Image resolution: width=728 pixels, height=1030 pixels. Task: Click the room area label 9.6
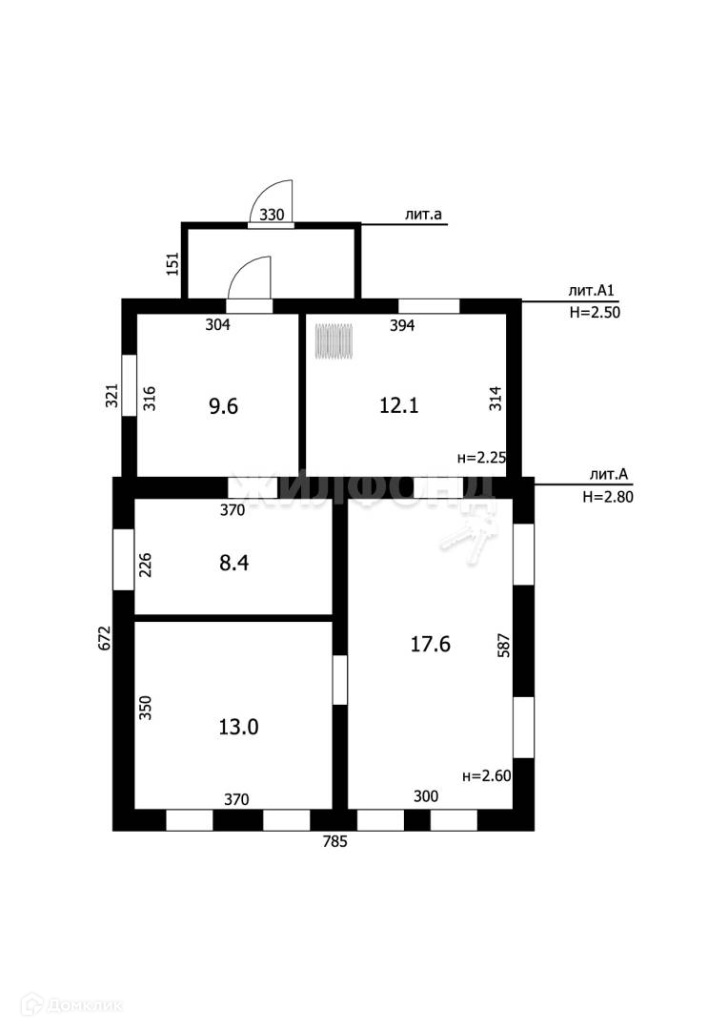pos(223,406)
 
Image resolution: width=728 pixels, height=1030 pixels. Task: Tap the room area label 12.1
pos(398,405)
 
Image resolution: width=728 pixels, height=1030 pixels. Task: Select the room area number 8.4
pos(234,563)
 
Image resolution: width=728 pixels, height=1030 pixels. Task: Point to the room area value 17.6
pos(430,644)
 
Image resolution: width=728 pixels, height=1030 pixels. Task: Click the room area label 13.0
pos(238,727)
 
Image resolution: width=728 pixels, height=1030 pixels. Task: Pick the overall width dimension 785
pos(334,842)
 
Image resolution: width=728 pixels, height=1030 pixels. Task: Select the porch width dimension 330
pos(272,215)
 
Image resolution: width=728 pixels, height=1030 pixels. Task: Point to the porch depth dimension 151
pos(172,263)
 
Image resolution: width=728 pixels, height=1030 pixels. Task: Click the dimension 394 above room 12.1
pos(403,325)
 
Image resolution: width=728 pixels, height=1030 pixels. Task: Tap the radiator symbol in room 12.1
pos(334,341)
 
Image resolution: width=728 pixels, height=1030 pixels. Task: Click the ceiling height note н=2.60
pos(486,776)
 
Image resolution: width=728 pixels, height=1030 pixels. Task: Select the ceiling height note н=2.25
pos(482,457)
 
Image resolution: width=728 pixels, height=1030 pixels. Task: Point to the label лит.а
pos(423,216)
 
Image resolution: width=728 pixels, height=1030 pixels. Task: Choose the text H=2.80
pos(607,496)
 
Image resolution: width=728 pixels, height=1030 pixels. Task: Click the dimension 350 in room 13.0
pos(146,707)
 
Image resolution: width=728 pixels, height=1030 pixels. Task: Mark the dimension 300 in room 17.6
pos(425,795)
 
